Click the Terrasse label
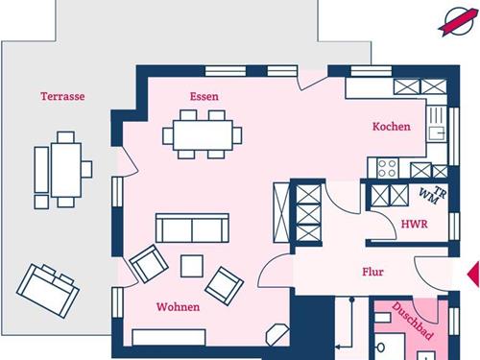point(63,96)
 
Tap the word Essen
point(204,96)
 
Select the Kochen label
point(392,127)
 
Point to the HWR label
point(413,225)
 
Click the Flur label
point(373,272)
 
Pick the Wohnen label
point(179,307)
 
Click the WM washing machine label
point(426,196)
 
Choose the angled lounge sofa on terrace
point(46,285)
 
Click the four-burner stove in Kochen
point(388,169)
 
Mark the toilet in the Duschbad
point(381,345)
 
